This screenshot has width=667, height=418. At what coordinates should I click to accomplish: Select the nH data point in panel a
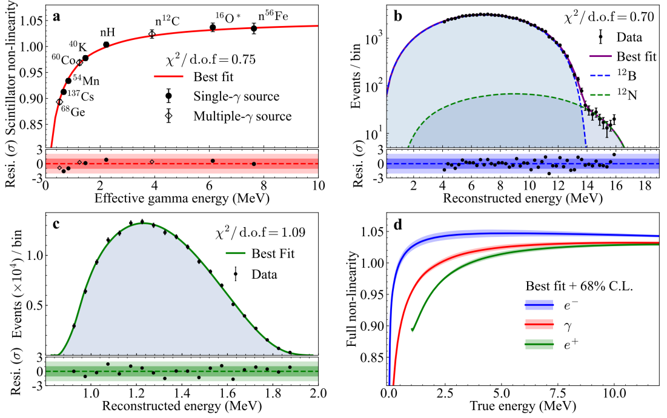[106, 44]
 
